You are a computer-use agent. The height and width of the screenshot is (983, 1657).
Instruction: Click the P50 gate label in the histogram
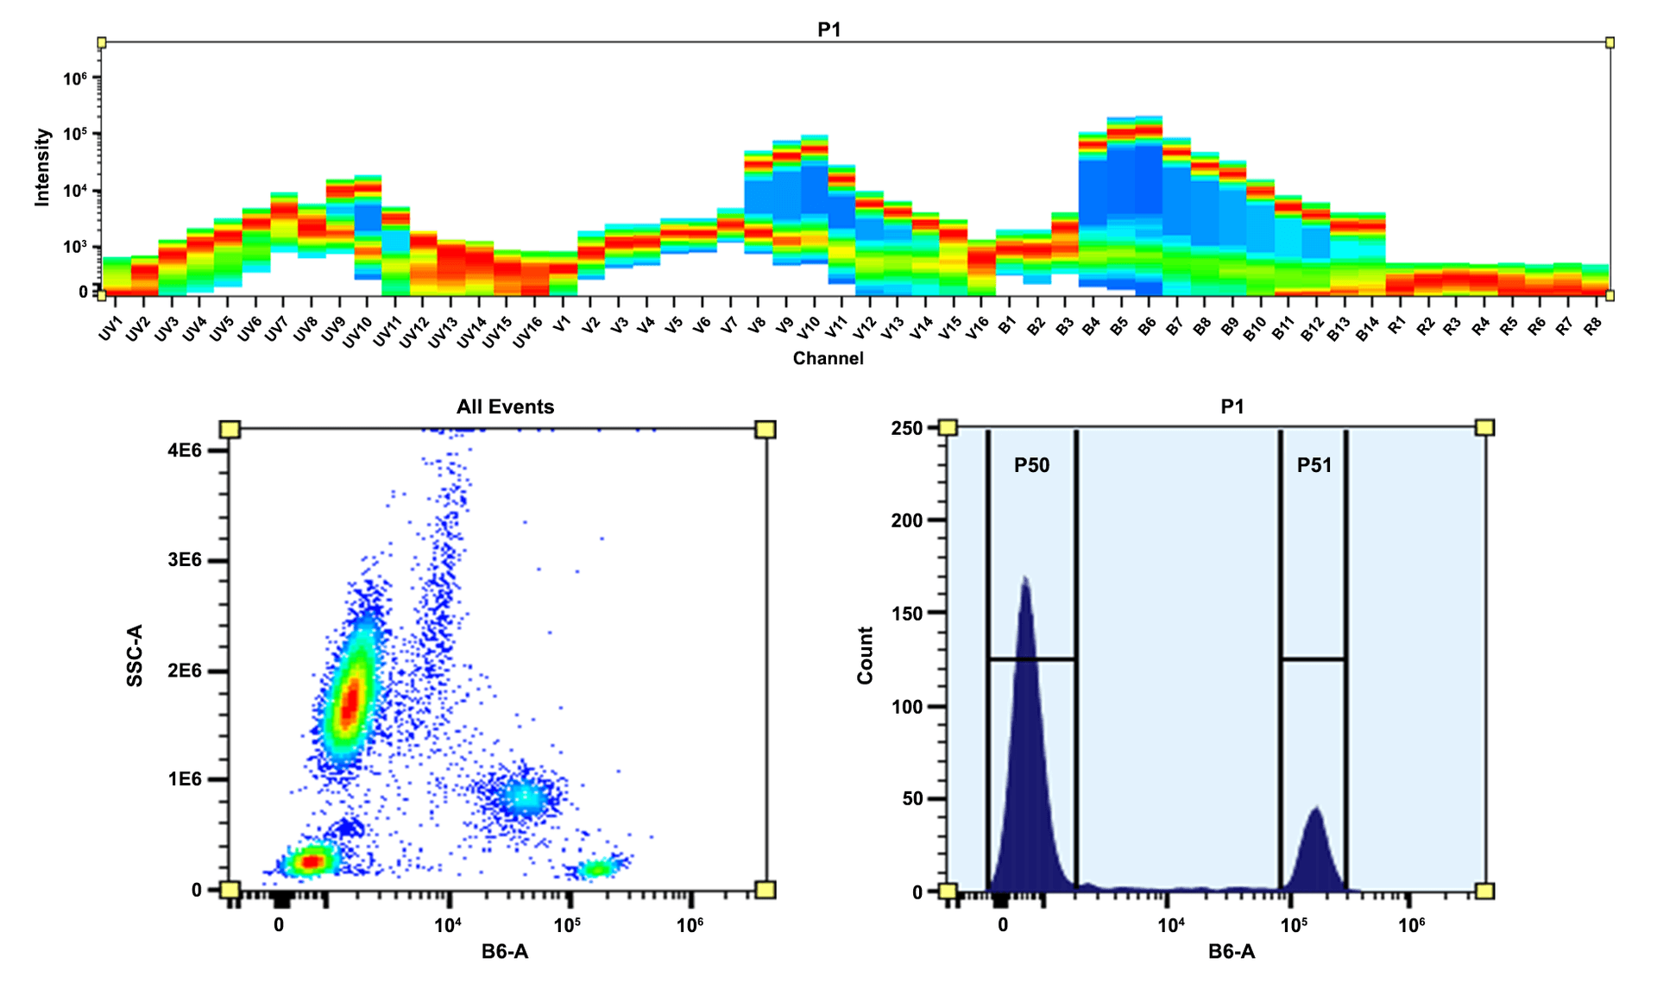coord(1031,466)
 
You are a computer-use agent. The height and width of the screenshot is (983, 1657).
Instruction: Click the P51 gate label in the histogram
coord(1314,466)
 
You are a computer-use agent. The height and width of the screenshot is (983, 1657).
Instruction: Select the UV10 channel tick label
coord(357,332)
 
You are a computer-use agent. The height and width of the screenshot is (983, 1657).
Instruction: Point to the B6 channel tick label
coord(1146,327)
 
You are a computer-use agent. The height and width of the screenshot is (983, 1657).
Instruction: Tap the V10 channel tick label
coord(809,328)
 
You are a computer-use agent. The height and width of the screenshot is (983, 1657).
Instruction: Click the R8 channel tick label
coord(1593,326)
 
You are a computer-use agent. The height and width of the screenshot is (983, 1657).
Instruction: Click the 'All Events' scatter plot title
coord(505,406)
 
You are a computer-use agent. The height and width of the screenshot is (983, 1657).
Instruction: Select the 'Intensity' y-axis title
coord(41,167)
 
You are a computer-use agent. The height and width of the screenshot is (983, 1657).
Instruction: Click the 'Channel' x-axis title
coord(828,358)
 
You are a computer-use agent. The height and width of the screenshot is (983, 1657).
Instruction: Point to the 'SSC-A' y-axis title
coord(135,656)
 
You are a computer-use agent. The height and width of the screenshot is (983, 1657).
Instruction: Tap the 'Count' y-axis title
coord(865,656)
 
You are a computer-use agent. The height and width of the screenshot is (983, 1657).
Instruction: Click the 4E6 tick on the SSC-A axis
coord(185,451)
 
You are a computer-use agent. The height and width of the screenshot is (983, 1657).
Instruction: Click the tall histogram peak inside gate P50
coord(1025,587)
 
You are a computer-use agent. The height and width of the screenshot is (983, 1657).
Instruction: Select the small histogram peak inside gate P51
coord(1315,816)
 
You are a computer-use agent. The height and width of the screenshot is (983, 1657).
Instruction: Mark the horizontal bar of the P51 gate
coord(1314,659)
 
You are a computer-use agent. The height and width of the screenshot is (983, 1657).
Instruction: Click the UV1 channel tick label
coord(110,328)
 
